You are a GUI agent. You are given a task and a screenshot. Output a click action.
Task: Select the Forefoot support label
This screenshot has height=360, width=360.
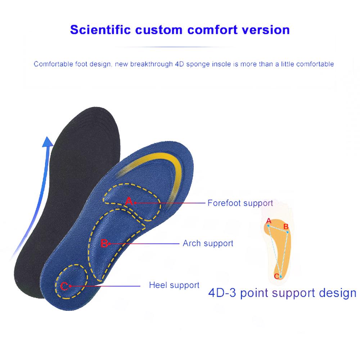[240, 203]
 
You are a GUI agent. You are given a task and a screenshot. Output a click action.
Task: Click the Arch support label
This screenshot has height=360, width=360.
[208, 243]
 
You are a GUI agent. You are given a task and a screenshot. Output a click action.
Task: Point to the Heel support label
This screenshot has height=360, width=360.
[174, 285]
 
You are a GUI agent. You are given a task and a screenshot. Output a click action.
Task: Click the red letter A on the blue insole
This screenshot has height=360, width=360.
[129, 202]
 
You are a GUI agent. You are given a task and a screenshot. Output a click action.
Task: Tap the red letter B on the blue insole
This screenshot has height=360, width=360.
[104, 244]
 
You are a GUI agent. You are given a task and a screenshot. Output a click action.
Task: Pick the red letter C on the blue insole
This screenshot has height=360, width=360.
[64, 286]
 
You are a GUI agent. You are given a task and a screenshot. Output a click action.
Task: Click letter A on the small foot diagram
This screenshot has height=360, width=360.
[268, 220]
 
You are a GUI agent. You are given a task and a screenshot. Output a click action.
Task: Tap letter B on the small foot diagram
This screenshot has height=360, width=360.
[285, 226]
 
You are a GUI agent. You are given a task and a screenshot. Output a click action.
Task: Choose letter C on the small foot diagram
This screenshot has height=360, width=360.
[276, 276]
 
